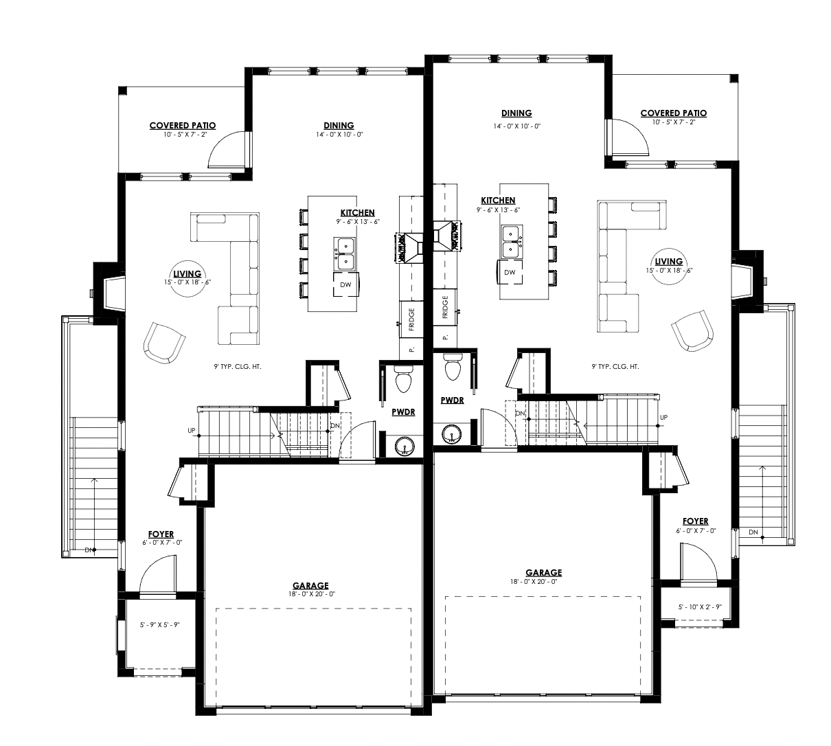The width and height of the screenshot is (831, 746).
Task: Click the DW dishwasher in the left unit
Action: coord(345,284)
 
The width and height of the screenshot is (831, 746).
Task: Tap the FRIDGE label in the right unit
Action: coord(445,307)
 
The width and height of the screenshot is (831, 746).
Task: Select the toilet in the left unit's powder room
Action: coord(404,380)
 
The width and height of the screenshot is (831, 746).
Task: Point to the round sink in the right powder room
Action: coord(452,434)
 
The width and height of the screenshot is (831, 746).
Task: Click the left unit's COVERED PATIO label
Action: coord(183,125)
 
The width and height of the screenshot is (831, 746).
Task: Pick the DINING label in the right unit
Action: coord(516,113)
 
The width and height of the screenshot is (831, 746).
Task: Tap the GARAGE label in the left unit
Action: coord(310,585)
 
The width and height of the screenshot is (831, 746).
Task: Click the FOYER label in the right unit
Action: coord(695,521)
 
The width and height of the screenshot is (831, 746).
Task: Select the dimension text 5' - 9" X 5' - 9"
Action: coord(160,625)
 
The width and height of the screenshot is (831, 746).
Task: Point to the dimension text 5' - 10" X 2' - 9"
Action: coord(700,607)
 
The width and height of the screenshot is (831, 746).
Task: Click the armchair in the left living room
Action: coord(164,343)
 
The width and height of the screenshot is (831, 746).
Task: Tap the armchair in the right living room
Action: coord(692,330)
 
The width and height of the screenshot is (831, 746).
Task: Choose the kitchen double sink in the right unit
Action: coord(512,242)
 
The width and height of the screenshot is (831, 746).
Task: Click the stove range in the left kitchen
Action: coord(409,247)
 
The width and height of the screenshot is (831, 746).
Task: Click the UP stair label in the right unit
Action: coord(663,418)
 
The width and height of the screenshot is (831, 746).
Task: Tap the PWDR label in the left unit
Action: coord(403,412)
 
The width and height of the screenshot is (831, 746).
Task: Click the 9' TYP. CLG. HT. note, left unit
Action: coord(238,366)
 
